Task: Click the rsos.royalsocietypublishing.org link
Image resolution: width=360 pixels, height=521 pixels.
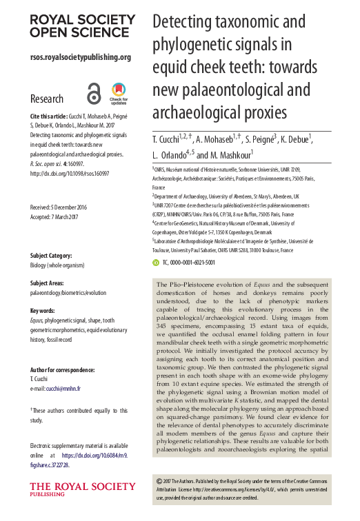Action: coord(80,57)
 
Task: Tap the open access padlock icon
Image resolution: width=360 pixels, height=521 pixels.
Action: coord(94,93)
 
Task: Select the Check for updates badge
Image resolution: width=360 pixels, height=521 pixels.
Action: coord(119,93)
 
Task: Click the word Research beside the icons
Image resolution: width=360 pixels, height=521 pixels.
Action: coord(47,99)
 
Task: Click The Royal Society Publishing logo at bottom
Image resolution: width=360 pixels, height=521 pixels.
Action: coord(68,491)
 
